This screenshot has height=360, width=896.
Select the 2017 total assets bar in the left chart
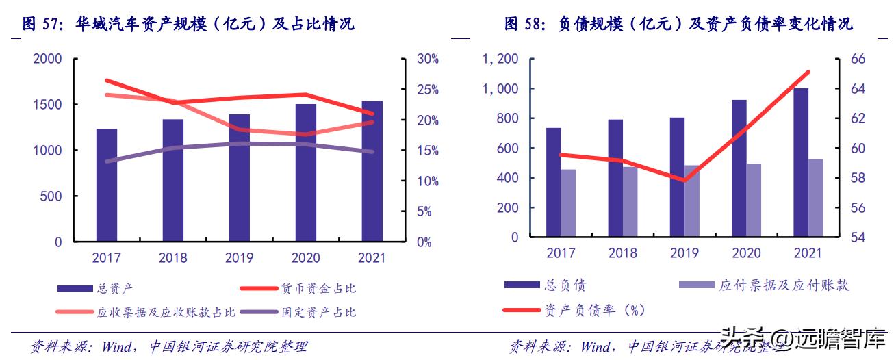point(106,185)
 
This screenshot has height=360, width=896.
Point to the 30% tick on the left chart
point(428,59)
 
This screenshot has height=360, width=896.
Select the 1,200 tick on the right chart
point(500,59)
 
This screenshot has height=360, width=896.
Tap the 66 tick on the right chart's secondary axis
point(858,59)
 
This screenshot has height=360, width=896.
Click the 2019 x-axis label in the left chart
point(239,258)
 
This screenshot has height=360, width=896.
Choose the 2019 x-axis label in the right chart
point(684,253)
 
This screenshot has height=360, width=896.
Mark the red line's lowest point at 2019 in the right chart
point(683,181)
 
